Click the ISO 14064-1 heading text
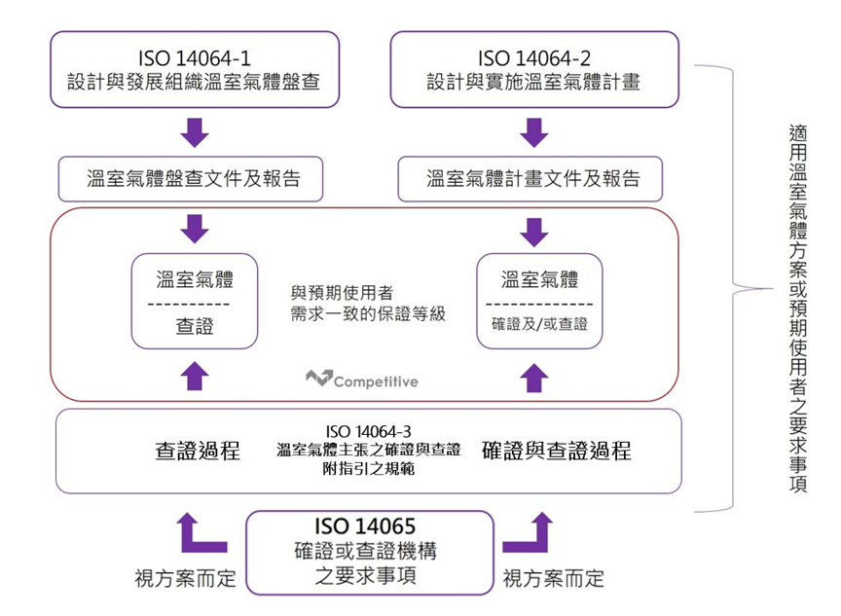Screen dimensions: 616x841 click(x=196, y=55)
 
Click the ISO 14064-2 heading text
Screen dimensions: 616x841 click(x=533, y=55)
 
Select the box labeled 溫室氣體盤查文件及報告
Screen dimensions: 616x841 click(x=194, y=179)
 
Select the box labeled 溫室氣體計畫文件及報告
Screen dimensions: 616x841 click(x=533, y=179)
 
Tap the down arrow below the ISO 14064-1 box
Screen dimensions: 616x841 click(x=196, y=131)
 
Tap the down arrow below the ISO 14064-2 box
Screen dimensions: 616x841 click(x=533, y=131)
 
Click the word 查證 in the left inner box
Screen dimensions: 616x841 click(x=195, y=327)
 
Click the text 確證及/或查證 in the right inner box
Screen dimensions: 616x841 click(x=539, y=324)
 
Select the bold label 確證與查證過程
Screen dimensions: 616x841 click(x=556, y=451)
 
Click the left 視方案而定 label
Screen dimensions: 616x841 click(x=185, y=579)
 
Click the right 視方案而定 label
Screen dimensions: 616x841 click(x=553, y=579)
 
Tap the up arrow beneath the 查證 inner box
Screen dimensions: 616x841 click(x=196, y=374)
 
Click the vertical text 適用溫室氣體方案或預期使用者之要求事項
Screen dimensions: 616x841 click(x=797, y=307)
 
